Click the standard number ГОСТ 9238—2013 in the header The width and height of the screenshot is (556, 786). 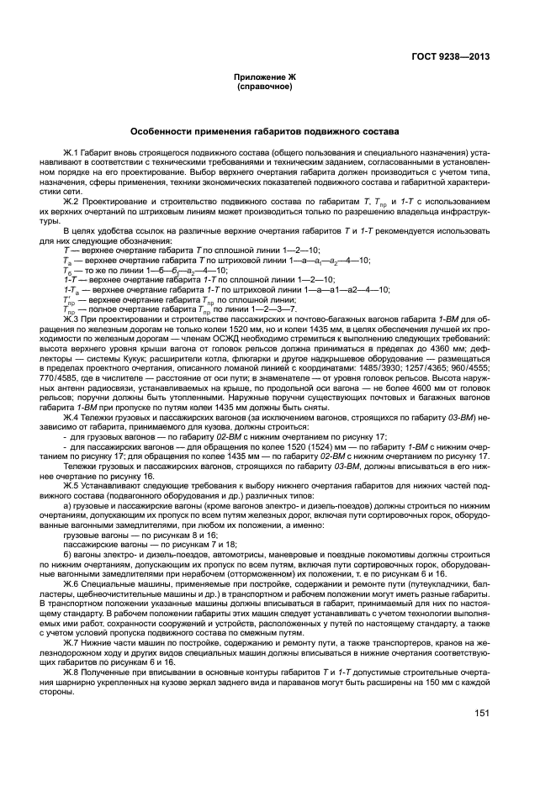[x=451, y=57]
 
